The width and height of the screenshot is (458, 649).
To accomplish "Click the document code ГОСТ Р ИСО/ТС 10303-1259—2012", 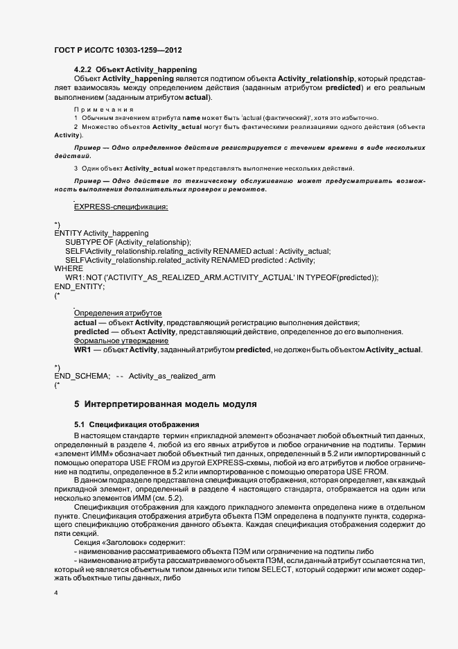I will [118, 51].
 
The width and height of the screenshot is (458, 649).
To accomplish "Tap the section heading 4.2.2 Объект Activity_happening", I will [135, 69].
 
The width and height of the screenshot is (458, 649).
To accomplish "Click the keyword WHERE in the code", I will [69, 268].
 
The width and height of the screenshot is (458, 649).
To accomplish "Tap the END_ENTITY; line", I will [80, 286].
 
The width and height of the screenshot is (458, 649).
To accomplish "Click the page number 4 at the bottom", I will [56, 594].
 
